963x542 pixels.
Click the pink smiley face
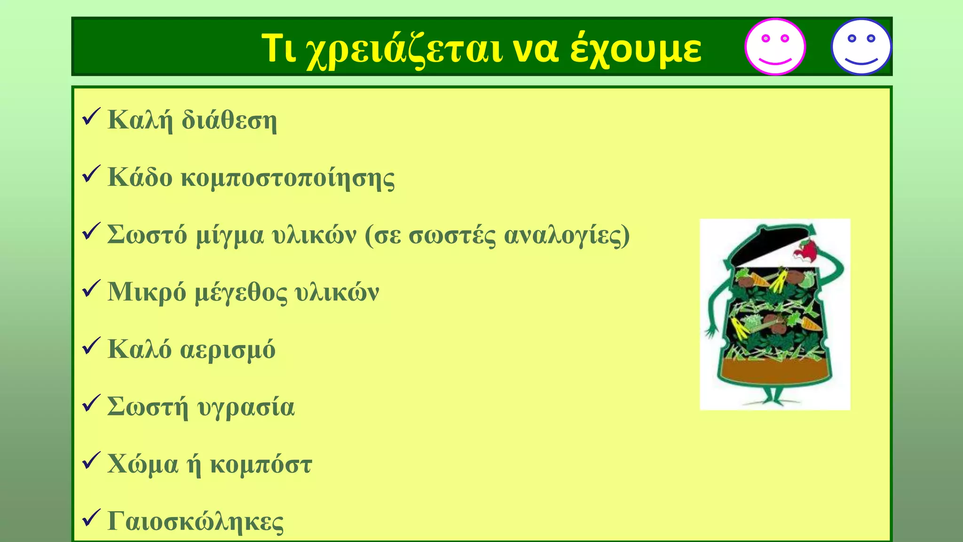pos(775,47)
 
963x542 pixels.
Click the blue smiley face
pos(861,47)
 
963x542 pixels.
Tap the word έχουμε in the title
pos(636,49)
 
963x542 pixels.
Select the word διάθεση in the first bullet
pos(229,120)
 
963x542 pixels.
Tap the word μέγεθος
pos(240,293)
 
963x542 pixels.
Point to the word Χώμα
pos(142,465)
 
